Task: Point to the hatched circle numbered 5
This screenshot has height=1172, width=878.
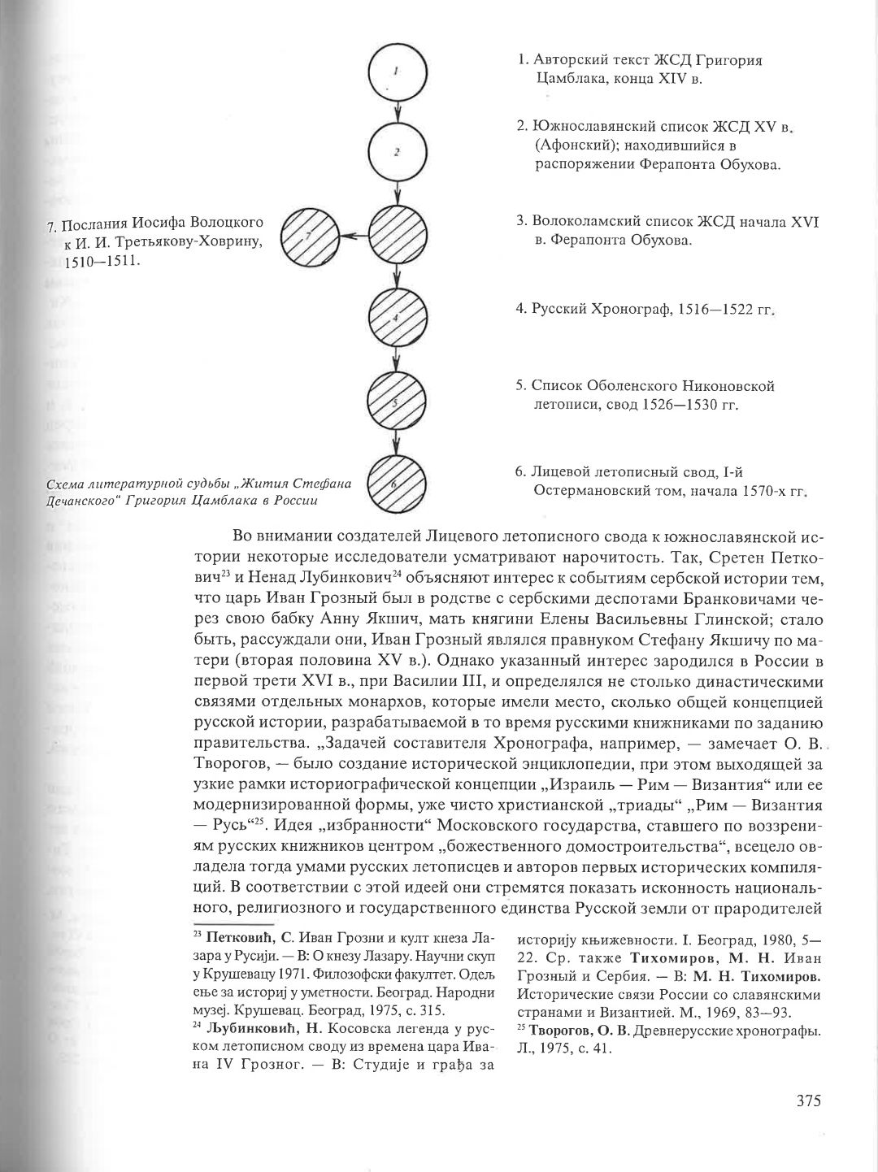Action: pyautogui.click(x=396, y=402)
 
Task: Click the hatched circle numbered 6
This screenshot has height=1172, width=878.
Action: pyautogui.click(x=396, y=485)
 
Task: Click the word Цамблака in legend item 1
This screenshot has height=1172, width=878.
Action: pyautogui.click(x=568, y=79)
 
